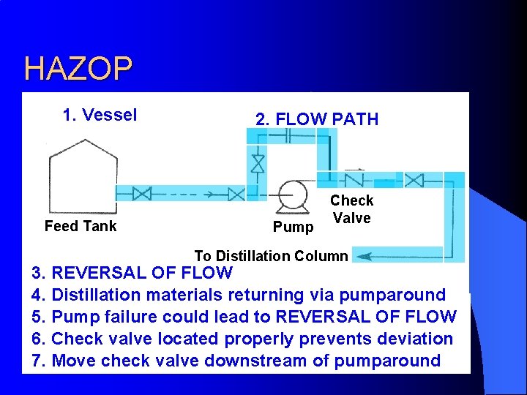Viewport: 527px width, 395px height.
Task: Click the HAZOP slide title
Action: [x=78, y=69]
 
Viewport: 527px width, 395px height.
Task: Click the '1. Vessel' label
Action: [x=100, y=116]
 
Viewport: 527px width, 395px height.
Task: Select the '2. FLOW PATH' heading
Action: [x=316, y=119]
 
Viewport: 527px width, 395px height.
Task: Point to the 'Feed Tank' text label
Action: [x=81, y=226]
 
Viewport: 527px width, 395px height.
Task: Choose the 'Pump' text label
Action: [x=293, y=227]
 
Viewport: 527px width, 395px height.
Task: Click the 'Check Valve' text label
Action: [x=351, y=209]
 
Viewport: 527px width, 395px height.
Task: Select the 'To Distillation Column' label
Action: [x=271, y=256]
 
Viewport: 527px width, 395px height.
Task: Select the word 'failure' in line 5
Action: [x=130, y=317]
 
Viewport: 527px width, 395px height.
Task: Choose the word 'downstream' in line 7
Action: [x=269, y=361]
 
